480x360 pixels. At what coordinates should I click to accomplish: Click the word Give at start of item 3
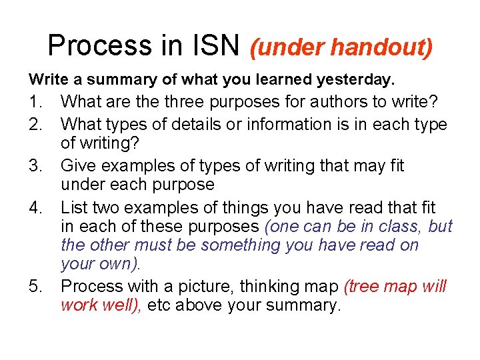click(x=77, y=165)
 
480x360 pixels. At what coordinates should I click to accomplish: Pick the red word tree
click(x=364, y=287)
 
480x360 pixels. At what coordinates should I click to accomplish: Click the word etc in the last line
click(x=159, y=307)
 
